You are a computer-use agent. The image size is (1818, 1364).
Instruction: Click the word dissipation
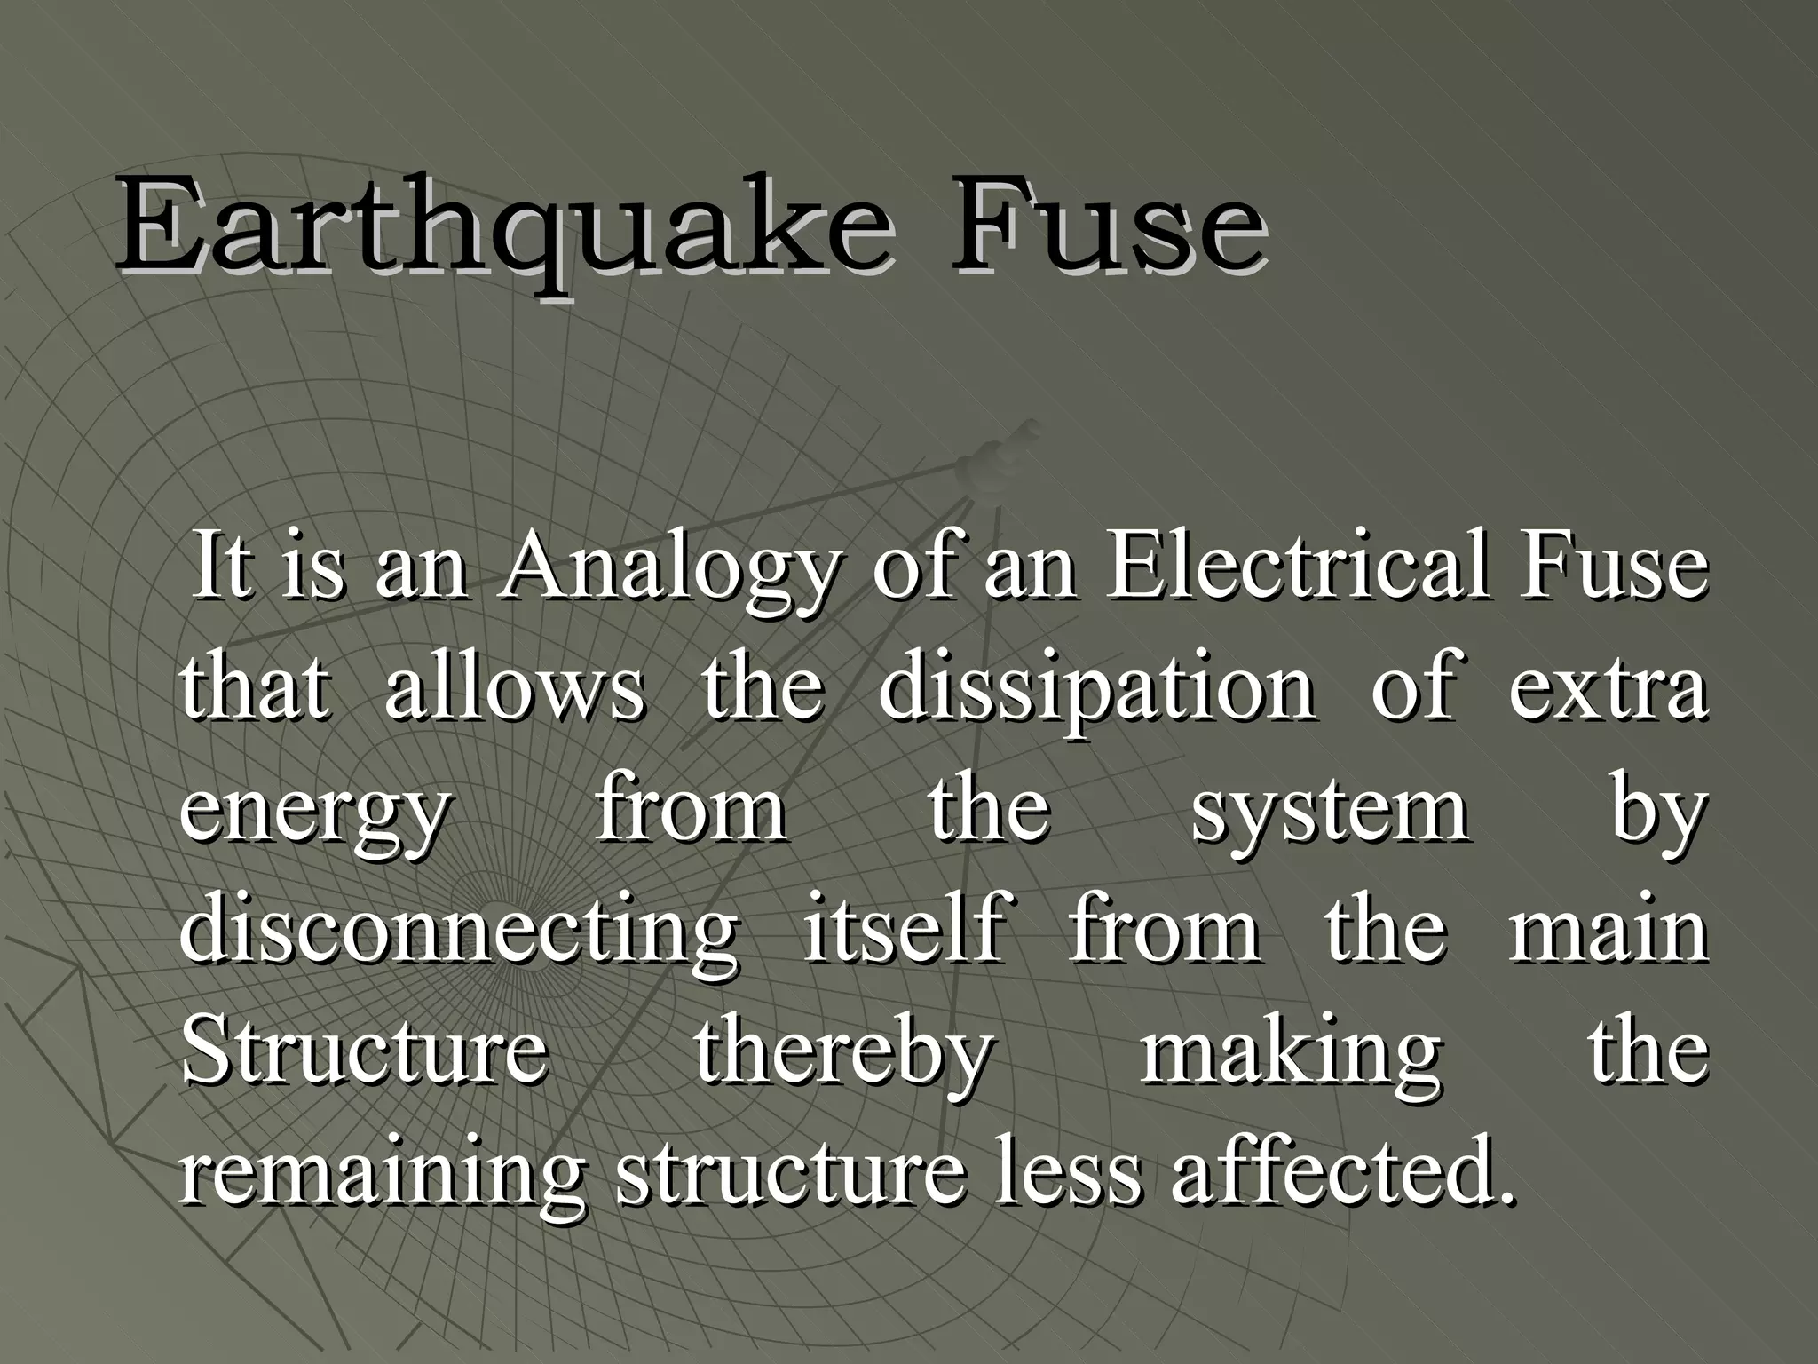pos(1097,691)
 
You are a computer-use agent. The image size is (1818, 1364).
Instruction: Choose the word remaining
pos(382,1174)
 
